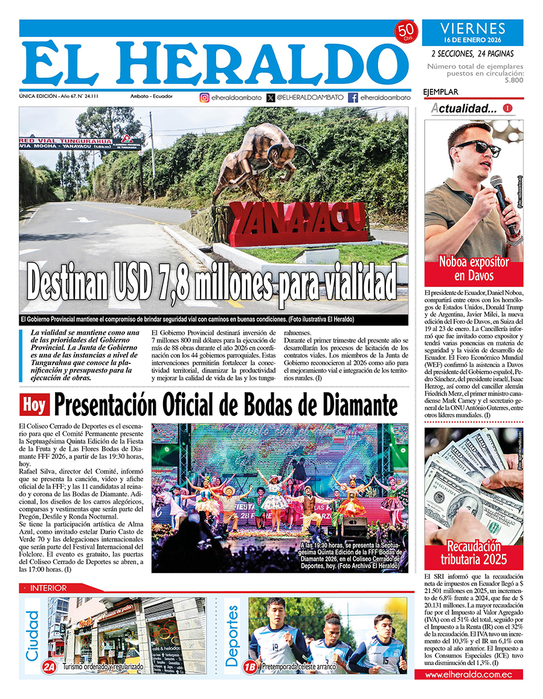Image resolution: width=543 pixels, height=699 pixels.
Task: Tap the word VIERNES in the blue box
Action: tap(473, 28)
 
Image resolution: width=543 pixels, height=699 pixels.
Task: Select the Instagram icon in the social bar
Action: tap(205, 97)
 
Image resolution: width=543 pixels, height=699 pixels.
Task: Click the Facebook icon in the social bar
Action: tap(353, 97)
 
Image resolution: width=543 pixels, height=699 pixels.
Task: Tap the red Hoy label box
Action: tap(34, 405)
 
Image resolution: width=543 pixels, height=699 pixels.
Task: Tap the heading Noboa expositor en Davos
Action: tap(474, 269)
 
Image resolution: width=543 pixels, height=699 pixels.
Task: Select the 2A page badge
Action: tap(49, 666)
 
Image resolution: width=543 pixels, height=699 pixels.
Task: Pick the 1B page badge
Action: tap(249, 666)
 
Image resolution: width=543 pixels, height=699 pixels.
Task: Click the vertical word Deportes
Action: tap(232, 636)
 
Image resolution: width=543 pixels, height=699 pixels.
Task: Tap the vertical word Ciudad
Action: tap(33, 635)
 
